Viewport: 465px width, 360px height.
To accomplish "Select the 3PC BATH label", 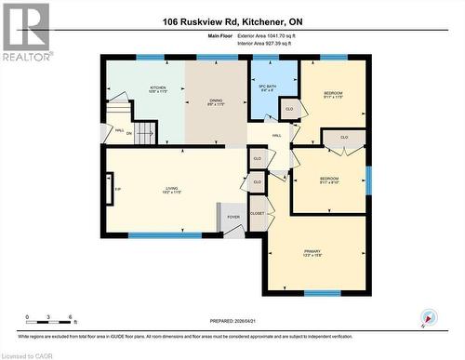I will (x=267, y=87).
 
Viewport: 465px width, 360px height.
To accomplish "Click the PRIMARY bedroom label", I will (x=312, y=250).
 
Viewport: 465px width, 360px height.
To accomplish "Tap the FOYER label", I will (x=232, y=217).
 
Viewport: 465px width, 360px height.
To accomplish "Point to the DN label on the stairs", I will (x=129, y=133).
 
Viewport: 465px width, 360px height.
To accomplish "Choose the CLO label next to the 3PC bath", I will (x=289, y=109).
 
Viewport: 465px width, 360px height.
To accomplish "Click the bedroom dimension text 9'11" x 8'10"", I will (x=329, y=182).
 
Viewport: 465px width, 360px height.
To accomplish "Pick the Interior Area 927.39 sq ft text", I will (x=259, y=45).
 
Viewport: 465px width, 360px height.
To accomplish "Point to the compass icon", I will (x=428, y=317).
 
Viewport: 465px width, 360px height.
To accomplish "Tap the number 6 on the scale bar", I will (x=72, y=317).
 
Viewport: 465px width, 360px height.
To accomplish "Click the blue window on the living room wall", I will (x=165, y=234).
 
